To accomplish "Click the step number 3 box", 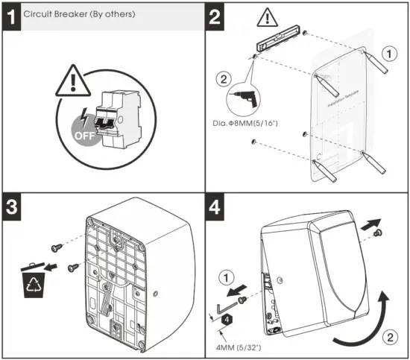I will point(11,208).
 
